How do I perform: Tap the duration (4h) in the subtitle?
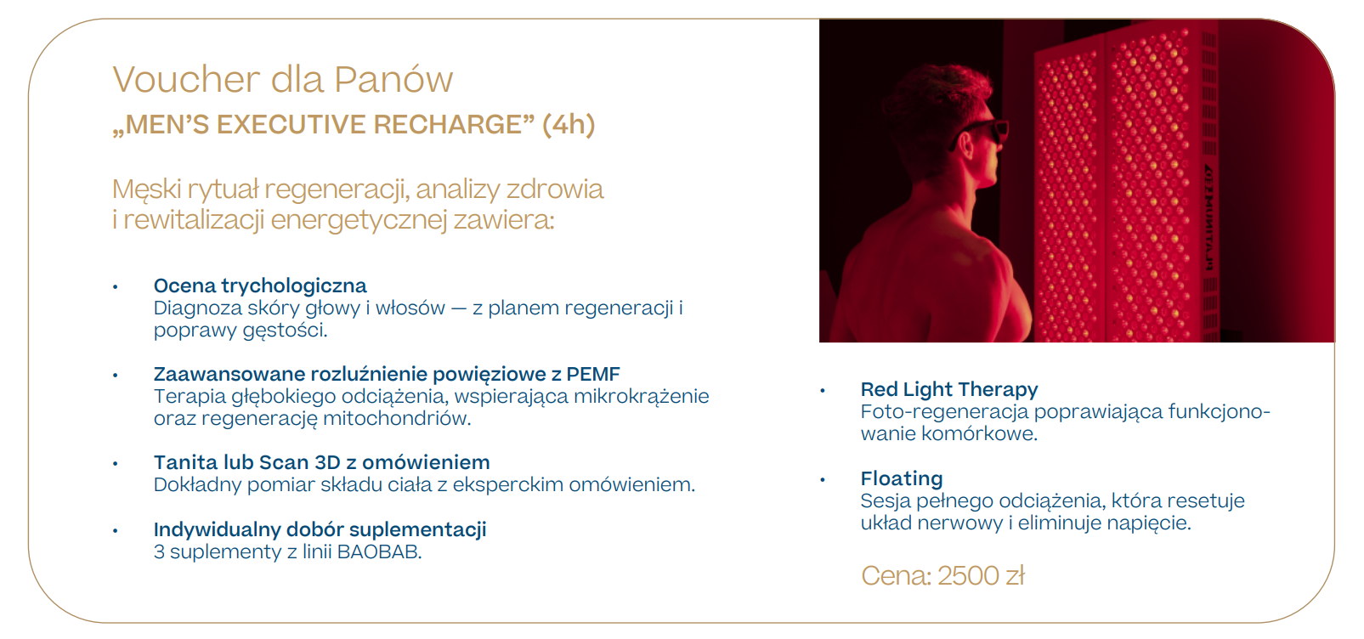569,125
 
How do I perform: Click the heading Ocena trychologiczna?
260,286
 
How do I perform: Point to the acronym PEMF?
593,374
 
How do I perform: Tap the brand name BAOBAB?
378,552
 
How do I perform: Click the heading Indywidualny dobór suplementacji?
320,529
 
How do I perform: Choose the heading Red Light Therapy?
949,389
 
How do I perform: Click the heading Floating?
902,478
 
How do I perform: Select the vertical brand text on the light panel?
1208,217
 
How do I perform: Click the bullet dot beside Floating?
823,480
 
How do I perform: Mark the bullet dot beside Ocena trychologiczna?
116,287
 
